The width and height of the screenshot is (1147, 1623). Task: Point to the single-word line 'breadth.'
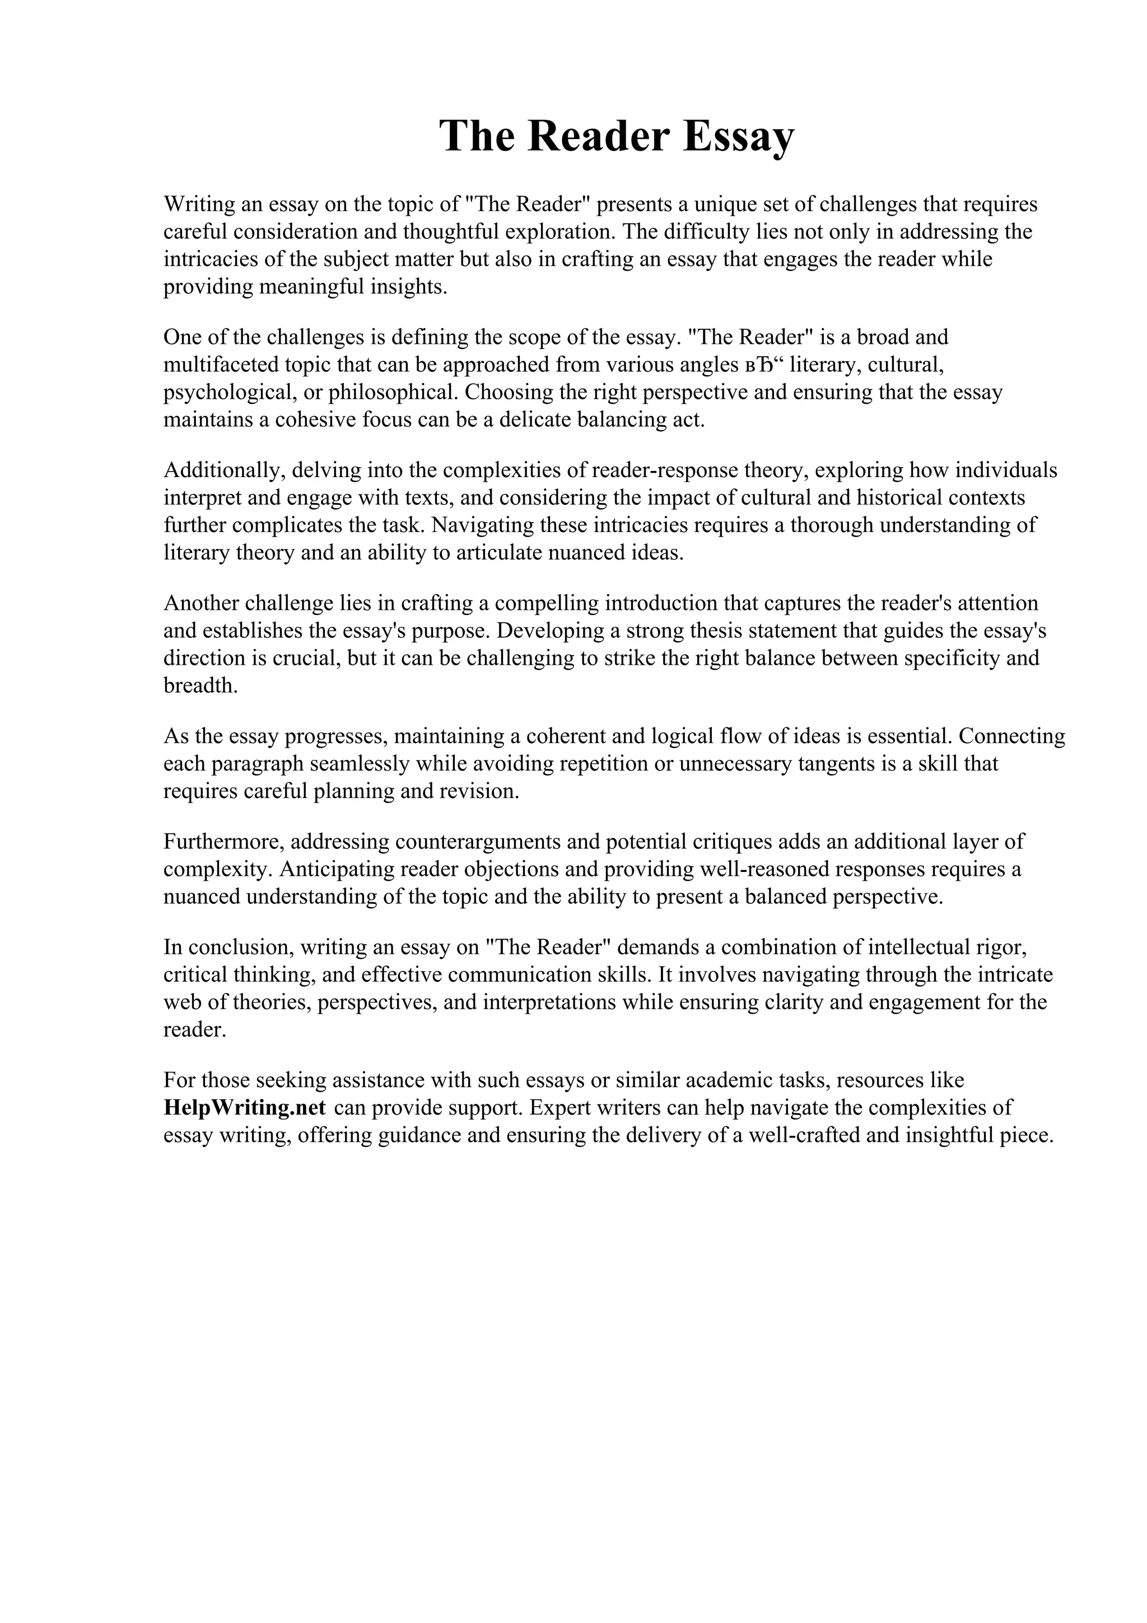(201, 685)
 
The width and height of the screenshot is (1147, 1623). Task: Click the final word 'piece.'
(1023, 1135)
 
